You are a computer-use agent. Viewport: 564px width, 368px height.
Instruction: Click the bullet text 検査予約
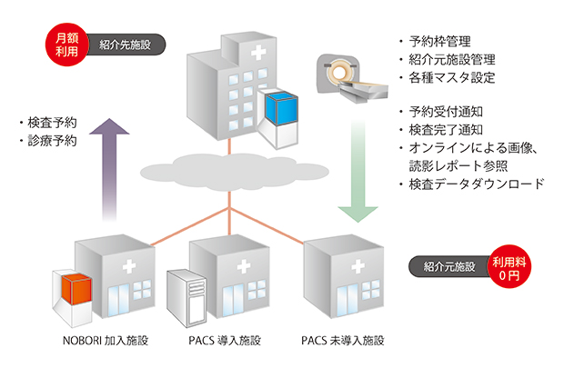[x=50, y=122]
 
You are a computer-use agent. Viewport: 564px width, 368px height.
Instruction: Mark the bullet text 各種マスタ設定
[x=452, y=77]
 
